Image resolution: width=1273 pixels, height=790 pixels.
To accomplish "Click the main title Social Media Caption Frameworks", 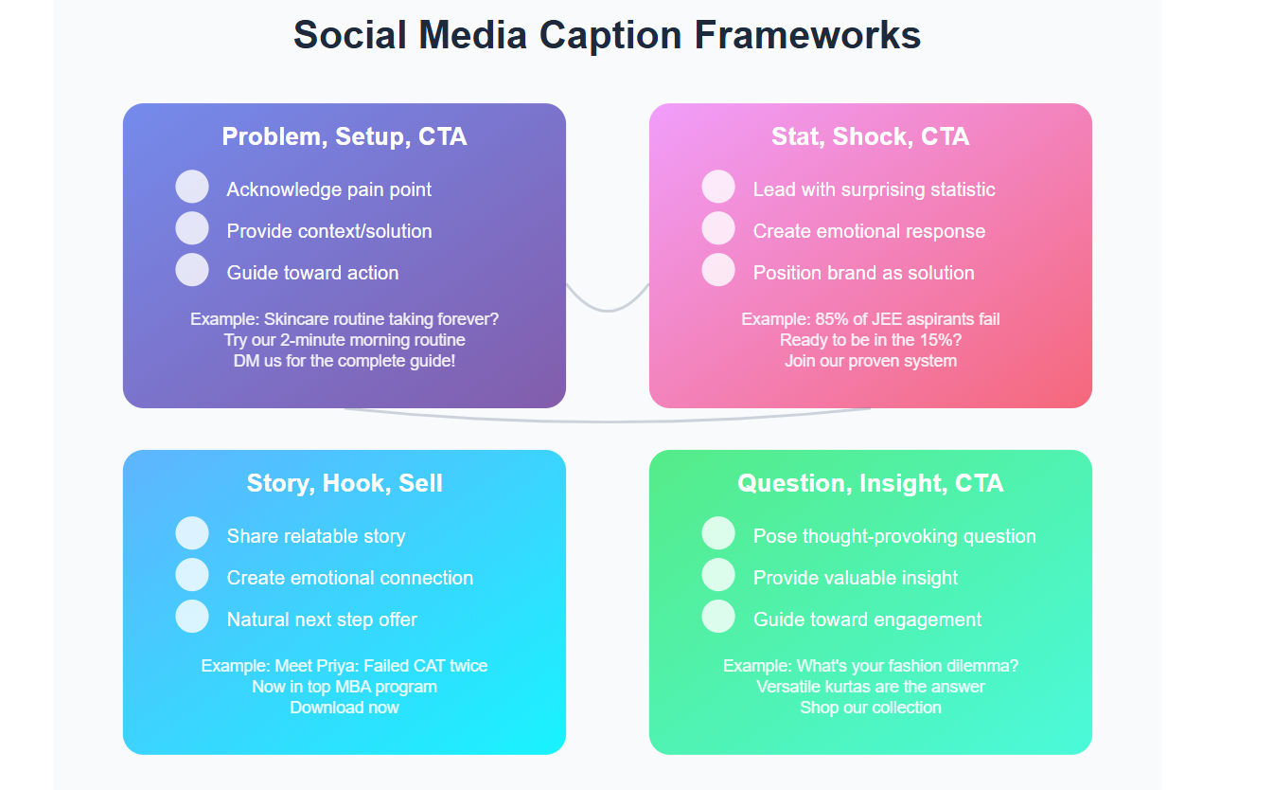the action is click(607, 35).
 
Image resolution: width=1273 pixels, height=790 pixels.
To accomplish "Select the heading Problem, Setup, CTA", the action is click(345, 136).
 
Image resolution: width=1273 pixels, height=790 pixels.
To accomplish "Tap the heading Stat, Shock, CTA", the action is click(870, 136).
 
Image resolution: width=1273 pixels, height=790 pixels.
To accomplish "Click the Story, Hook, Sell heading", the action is click(345, 483).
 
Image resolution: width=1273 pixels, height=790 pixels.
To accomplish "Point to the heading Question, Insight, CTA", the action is click(870, 483).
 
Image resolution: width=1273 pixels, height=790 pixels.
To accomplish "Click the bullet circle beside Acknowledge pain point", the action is click(192, 187).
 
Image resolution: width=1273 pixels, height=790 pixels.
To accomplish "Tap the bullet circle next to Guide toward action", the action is click(192, 270).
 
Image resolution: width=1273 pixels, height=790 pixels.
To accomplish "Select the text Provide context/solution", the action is click(329, 231).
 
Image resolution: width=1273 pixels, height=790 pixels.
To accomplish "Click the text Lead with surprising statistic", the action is click(874, 189).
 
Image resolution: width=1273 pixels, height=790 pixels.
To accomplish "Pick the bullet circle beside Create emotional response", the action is click(718, 228).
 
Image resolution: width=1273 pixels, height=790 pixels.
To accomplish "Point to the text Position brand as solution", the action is click(864, 273).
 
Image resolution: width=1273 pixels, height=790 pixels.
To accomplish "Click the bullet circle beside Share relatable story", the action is click(192, 533).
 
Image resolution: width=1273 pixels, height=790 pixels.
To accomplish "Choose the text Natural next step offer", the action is click(322, 619).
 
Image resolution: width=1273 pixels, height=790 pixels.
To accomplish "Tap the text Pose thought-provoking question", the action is click(894, 536).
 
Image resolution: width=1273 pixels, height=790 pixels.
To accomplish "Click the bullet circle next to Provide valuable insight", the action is click(718, 574).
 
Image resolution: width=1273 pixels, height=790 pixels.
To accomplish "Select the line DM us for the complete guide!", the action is click(345, 361).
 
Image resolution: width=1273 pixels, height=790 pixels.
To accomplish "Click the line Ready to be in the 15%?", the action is click(870, 340).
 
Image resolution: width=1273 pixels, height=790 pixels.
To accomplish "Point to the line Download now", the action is click(345, 708).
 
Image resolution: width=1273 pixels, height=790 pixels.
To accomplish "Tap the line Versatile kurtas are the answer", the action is click(870, 687).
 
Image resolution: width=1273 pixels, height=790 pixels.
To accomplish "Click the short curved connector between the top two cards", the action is click(608, 311).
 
